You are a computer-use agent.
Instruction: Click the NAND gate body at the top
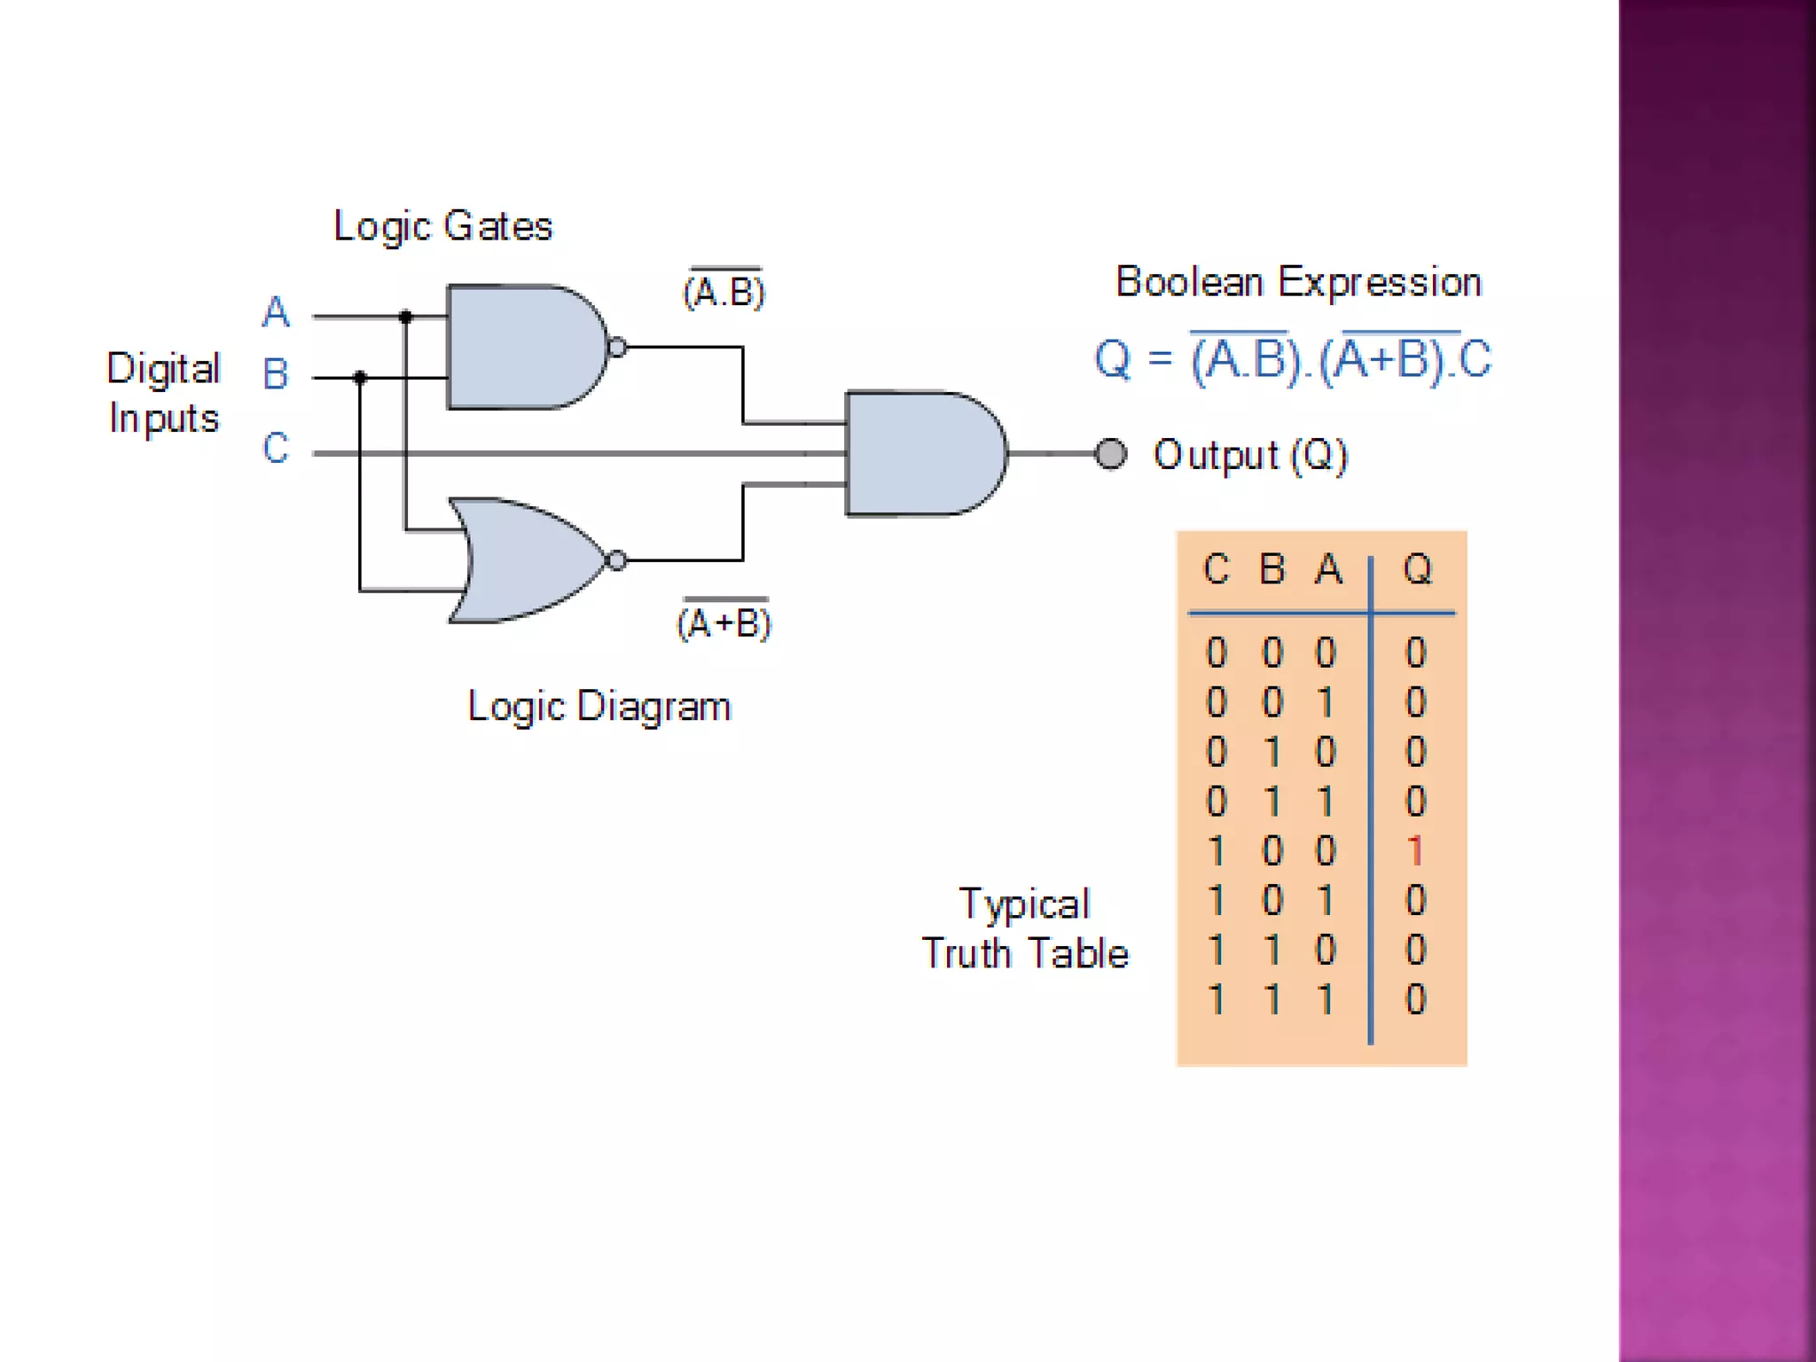tap(523, 347)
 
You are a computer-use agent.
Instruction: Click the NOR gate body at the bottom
tap(528, 560)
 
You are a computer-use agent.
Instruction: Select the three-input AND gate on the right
tap(922, 453)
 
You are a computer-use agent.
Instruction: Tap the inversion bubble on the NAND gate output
tap(618, 348)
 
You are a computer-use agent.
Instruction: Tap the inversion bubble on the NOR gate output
tap(617, 560)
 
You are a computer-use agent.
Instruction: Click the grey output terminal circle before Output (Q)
tap(1110, 454)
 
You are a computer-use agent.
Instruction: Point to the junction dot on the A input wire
tap(405, 317)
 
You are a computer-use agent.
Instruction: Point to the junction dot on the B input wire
tap(360, 378)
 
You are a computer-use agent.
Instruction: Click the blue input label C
tap(276, 448)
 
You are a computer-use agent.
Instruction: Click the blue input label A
tap(276, 312)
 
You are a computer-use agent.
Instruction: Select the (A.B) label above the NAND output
tap(724, 291)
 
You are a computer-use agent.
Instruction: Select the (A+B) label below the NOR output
tap(724, 622)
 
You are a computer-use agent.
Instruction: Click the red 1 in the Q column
tap(1415, 851)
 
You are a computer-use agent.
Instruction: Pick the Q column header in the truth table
tap(1417, 569)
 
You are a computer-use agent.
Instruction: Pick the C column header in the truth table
tap(1216, 569)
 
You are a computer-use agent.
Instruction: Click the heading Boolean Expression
tap(1298, 282)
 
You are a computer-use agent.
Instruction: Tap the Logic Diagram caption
tap(599, 707)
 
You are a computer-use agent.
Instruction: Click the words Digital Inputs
tap(163, 393)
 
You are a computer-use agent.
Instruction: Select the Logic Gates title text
tap(442, 226)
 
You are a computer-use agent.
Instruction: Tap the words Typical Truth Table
tap(1025, 928)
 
